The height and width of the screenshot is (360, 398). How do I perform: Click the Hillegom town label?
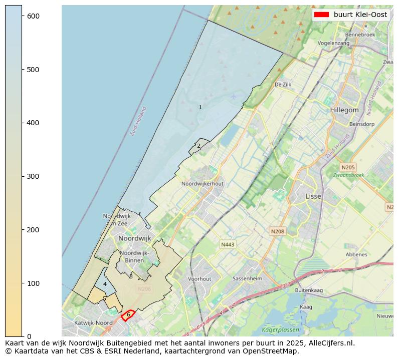pos(344,110)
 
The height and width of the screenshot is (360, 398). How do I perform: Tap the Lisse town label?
pos(313,197)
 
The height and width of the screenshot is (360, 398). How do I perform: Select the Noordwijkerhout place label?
pos(203,184)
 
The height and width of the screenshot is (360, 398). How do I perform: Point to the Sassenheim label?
pos(247,278)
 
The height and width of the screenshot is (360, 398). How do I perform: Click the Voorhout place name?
pos(200,279)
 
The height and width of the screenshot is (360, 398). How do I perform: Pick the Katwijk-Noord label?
pos(94,323)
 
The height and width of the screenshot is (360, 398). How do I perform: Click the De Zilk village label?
pos(283,85)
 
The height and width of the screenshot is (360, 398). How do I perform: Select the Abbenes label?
pos(356,254)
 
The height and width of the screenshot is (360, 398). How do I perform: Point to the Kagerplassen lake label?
pos(280,330)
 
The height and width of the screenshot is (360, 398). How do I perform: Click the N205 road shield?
pos(347,167)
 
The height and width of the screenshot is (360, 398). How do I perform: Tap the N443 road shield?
pos(228,244)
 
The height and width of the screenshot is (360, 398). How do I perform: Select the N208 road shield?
pos(277,231)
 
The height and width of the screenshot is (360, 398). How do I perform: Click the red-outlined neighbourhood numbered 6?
pos(128,315)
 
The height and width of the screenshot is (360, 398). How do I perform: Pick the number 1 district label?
pos(200,107)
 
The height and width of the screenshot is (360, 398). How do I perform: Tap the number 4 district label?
pos(105,284)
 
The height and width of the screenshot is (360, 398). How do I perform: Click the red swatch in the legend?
pos(321,15)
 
